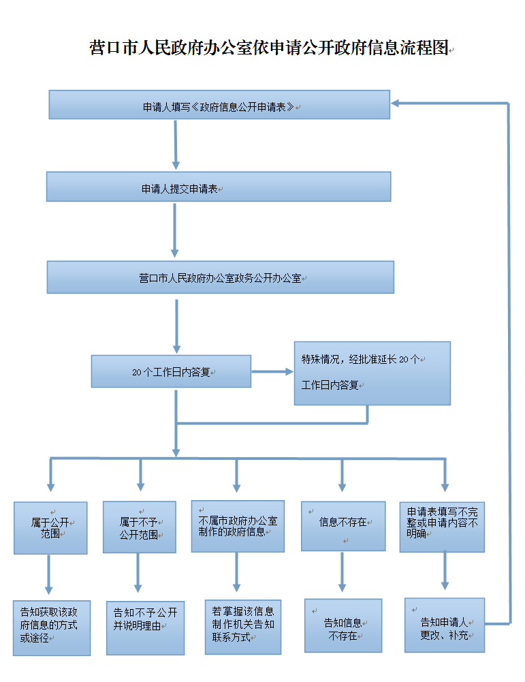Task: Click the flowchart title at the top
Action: [270, 48]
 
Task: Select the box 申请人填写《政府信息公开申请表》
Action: [219, 105]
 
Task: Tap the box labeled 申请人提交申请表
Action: [219, 187]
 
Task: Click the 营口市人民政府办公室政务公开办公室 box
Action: [220, 277]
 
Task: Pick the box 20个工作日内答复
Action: [171, 371]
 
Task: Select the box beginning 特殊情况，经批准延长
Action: [372, 373]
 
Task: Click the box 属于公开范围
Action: [51, 528]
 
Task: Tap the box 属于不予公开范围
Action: [140, 527]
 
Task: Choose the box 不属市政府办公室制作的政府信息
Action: [236, 526]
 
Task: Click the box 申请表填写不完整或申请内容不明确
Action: [442, 527]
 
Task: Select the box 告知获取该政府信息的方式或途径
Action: [51, 627]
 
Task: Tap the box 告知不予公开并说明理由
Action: [145, 627]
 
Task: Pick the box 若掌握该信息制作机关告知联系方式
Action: [243, 627]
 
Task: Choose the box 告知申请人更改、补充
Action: [445, 625]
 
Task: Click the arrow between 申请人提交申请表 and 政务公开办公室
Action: [175, 232]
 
